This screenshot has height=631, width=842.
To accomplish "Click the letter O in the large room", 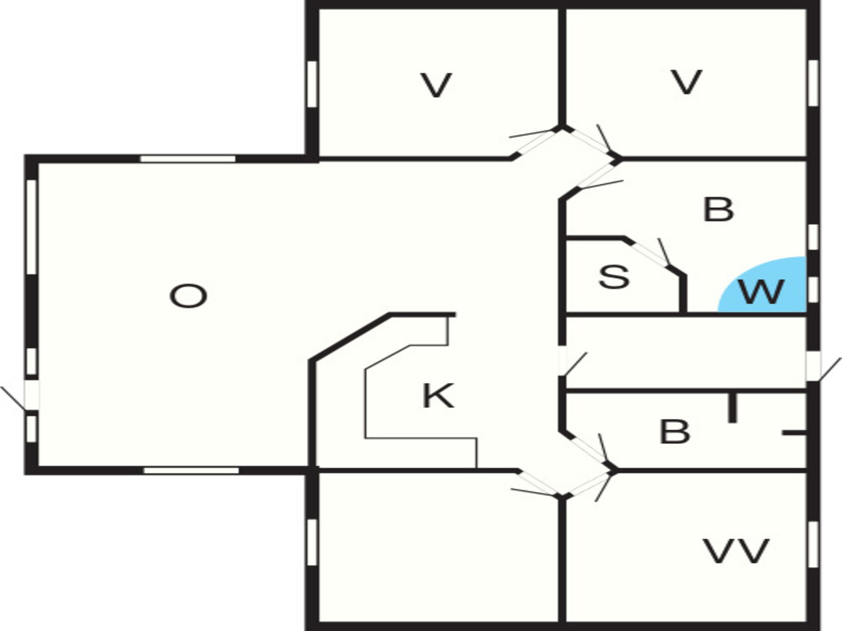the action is click(188, 296).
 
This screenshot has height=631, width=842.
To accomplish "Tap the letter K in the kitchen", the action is click(438, 396).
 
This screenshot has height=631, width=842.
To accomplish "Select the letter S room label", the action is click(614, 277).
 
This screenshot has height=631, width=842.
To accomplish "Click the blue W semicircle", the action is click(762, 284).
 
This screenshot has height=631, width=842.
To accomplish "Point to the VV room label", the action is click(736, 551).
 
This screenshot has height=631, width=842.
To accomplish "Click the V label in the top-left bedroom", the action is click(436, 85).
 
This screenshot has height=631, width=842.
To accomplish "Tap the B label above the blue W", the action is click(718, 209).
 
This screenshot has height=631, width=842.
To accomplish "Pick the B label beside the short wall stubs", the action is click(674, 432).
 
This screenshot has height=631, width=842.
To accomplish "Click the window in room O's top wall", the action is click(188, 158).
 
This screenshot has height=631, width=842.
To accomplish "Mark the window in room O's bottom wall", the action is click(192, 471).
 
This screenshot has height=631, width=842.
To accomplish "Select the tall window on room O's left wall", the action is click(31, 227).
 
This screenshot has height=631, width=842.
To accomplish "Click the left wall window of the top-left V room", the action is click(312, 84).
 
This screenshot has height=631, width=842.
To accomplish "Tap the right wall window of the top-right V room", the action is click(813, 83).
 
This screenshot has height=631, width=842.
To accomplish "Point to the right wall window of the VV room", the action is click(813, 545).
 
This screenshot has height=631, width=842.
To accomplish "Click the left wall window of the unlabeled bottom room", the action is click(312, 542).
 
